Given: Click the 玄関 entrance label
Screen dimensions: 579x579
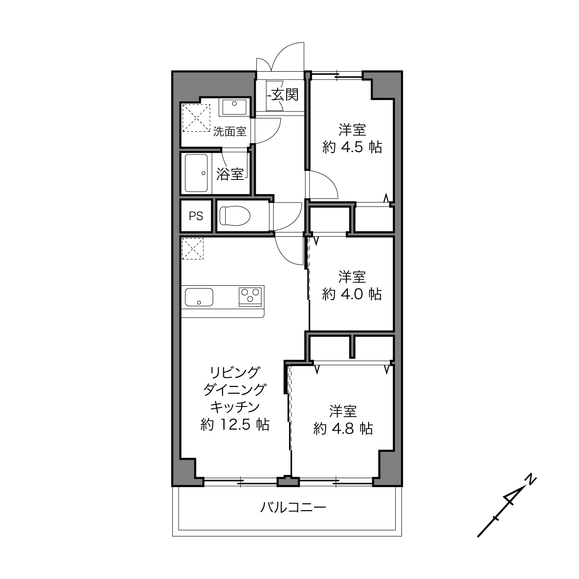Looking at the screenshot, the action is pos(285,95).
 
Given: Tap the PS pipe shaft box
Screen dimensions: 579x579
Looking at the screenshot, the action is pos(196,216).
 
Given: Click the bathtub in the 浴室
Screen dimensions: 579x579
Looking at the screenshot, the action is pos(196,173).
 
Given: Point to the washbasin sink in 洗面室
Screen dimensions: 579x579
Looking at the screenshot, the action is pos(234,107).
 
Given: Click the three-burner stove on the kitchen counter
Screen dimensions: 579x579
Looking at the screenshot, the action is pos(250,296).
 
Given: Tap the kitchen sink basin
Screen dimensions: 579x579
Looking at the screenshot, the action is pos(199,297).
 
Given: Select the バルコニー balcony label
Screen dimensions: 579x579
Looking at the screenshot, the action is pos(293,507).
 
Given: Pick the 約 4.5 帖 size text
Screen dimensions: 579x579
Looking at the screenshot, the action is pos(352,147).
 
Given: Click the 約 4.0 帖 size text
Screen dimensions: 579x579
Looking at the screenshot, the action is pos(352,294).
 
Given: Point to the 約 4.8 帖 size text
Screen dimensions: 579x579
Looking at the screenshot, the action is pos(343,428).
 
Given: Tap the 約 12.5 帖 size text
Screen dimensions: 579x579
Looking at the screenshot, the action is pos(234,425).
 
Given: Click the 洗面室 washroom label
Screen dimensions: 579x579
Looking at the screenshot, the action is pos(230,131).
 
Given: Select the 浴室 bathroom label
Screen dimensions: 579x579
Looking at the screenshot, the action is pos(230,174).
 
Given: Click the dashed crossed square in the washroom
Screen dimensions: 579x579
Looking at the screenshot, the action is pos(197,118).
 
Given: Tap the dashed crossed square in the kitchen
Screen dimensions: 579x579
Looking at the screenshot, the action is pos(193,248).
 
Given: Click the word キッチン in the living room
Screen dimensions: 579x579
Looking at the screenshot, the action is pos(234,407).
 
